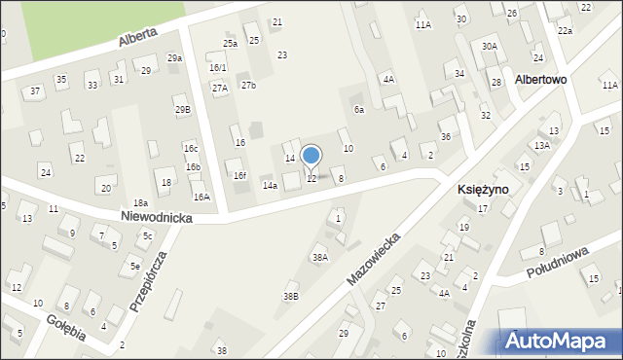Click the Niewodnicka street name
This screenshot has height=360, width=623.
(157, 219)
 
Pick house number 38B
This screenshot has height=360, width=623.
(290, 296)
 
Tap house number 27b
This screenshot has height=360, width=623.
(248, 86)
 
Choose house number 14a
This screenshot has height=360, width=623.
(270, 185)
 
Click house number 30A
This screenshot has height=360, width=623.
(490, 46)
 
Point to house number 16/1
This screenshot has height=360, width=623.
(217, 67)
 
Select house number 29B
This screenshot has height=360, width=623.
(183, 110)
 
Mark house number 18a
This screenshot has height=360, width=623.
(140, 202)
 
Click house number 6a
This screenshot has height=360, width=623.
(358, 110)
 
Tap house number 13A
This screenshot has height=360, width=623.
(541, 145)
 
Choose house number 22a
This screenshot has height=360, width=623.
(565, 31)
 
